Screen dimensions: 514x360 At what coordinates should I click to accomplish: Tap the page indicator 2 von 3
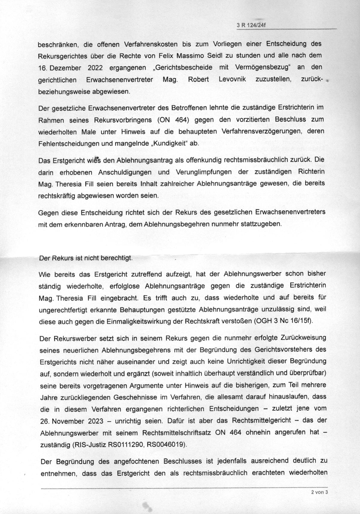click(320, 492)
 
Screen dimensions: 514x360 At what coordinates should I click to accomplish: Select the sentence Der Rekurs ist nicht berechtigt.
click(86, 258)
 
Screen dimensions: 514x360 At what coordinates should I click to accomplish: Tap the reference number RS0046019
click(166, 445)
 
